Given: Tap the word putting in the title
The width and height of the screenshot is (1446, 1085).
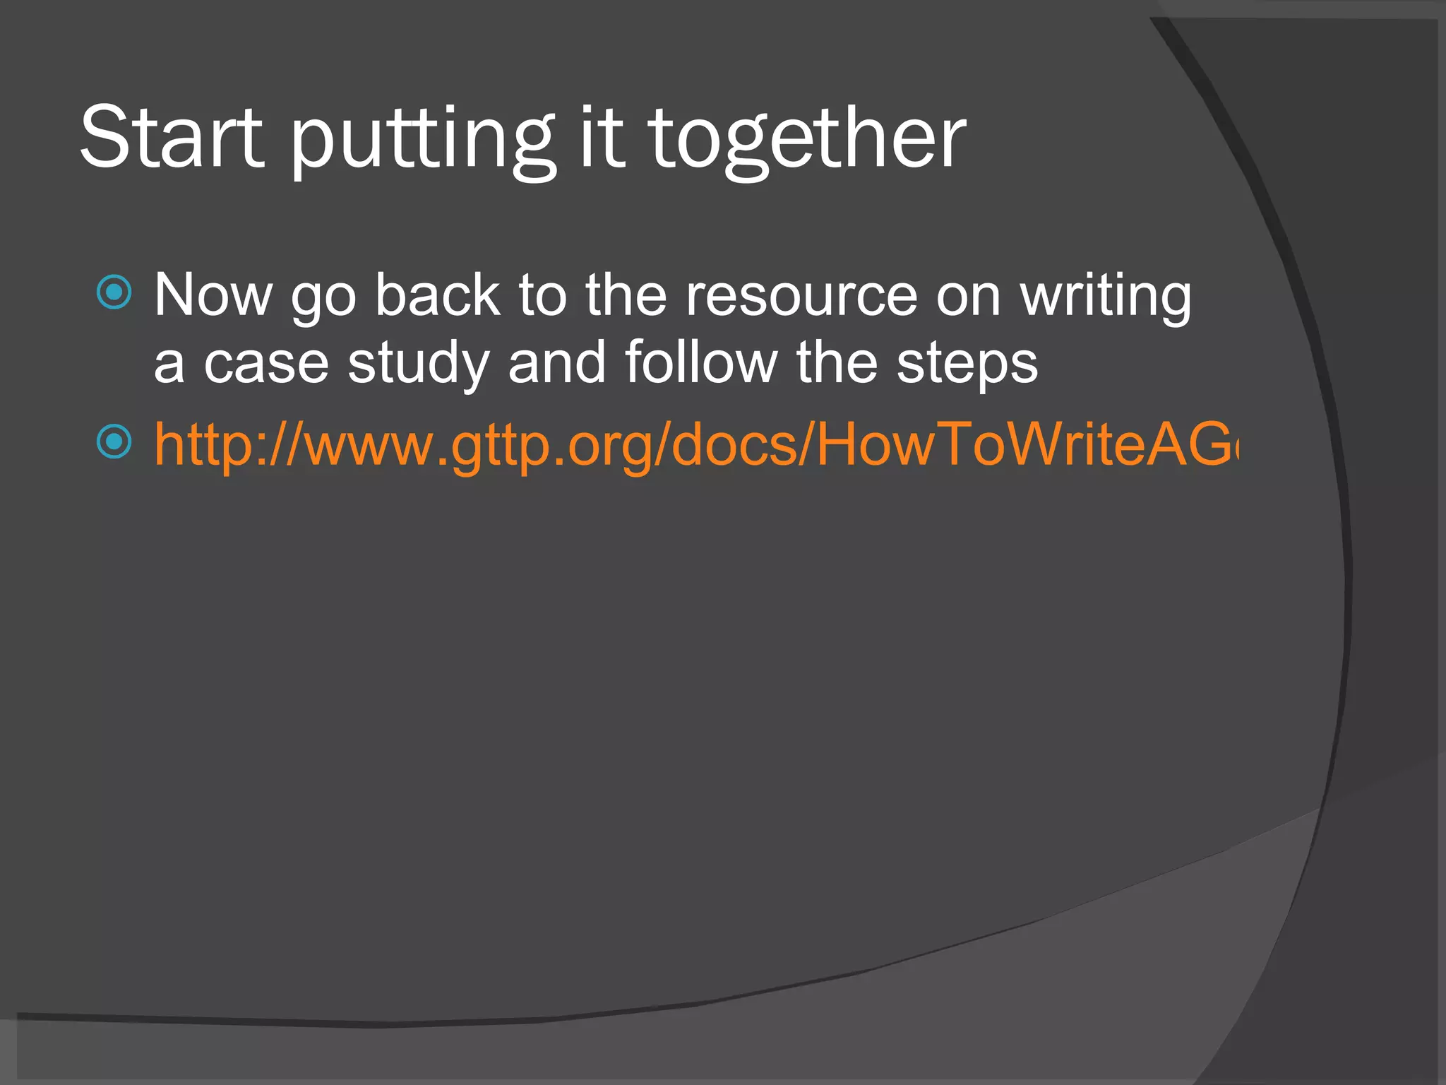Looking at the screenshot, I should coord(422,141).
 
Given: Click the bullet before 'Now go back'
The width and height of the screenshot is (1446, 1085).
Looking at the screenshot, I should coord(114,292).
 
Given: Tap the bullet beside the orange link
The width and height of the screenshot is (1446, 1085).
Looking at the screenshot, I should coord(114,442).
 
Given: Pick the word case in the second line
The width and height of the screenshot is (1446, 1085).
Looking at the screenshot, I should coord(266,364).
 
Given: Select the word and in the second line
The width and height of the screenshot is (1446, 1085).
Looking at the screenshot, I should coord(556,363).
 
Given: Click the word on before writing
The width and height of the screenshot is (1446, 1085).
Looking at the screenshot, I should coord(968,297).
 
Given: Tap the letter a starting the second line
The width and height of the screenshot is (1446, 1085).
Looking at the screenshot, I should coord(169,365).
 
